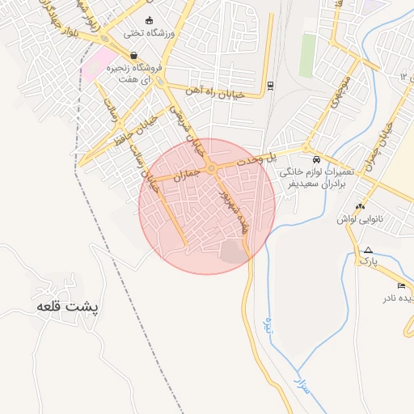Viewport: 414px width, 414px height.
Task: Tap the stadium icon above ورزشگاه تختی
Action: click(148, 20)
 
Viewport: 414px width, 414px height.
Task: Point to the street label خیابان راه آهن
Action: click(213, 91)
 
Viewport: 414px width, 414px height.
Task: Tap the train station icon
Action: click(269, 85)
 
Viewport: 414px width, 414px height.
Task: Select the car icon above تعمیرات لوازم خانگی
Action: click(315, 159)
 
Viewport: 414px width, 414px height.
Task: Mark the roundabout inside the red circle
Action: click(211, 168)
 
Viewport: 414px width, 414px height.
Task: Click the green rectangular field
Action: click(308, 53)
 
